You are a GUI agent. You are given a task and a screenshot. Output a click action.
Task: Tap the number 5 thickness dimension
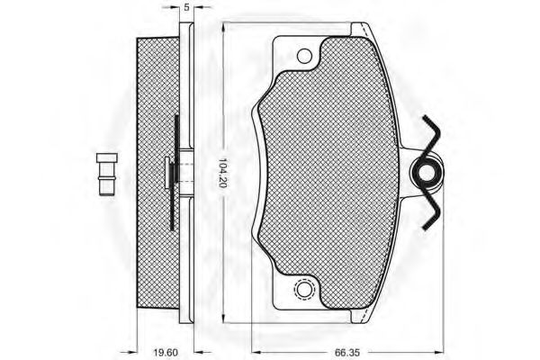point(185,7)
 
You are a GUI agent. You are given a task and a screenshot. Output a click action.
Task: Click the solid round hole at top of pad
point(304,57)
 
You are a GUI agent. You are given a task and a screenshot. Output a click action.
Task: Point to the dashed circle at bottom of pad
point(304,291)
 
